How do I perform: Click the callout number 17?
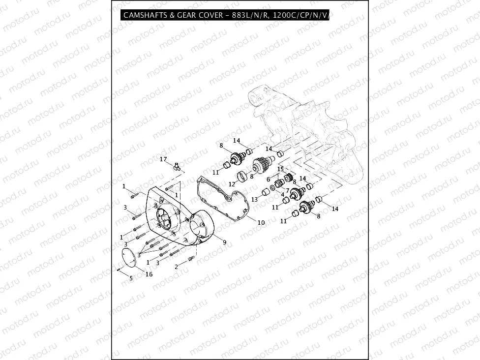163,159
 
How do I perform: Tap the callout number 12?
232,184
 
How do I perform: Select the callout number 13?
254,200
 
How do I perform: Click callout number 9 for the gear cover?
224,242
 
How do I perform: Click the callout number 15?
280,169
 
